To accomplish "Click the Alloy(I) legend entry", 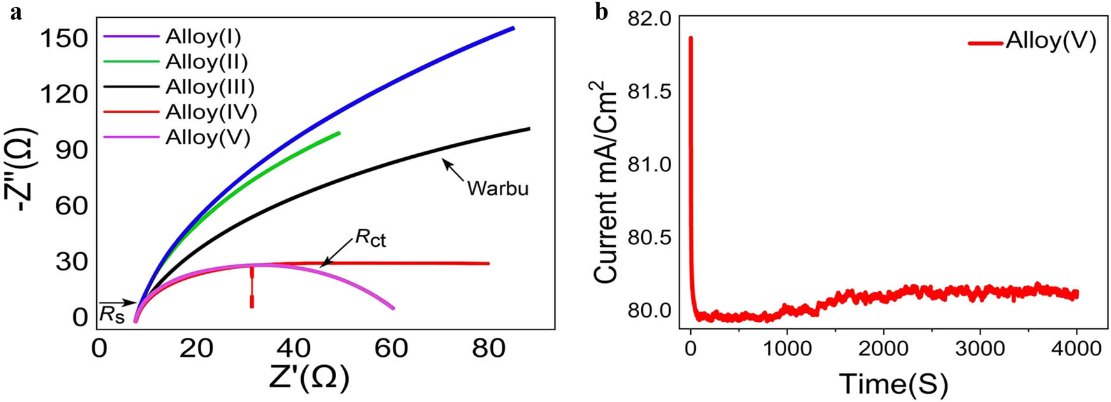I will pos(202,37).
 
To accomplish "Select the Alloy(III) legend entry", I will pos(209,87).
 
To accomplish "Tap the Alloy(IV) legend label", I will pos(211,113).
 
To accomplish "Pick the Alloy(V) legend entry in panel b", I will pos(1051,42).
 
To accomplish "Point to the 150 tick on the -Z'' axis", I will pos(63,38).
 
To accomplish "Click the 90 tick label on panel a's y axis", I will pos(71,150).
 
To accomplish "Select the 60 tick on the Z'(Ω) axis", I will pos(393,349).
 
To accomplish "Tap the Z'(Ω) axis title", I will pos(309,379).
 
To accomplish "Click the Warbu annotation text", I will pos(498,189).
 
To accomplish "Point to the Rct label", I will pos(371,239).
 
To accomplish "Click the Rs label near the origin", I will pos(111,314).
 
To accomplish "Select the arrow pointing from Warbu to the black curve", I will pos(453,170).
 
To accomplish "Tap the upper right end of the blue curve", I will pos(513,29).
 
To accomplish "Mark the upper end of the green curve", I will pos(339,133).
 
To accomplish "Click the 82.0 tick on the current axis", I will pos(649,19).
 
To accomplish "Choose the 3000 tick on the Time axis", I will pos(980,349).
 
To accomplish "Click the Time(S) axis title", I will pos(893,384).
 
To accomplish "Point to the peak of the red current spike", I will pos(691,38).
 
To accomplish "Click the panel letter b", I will pos(600,11).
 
